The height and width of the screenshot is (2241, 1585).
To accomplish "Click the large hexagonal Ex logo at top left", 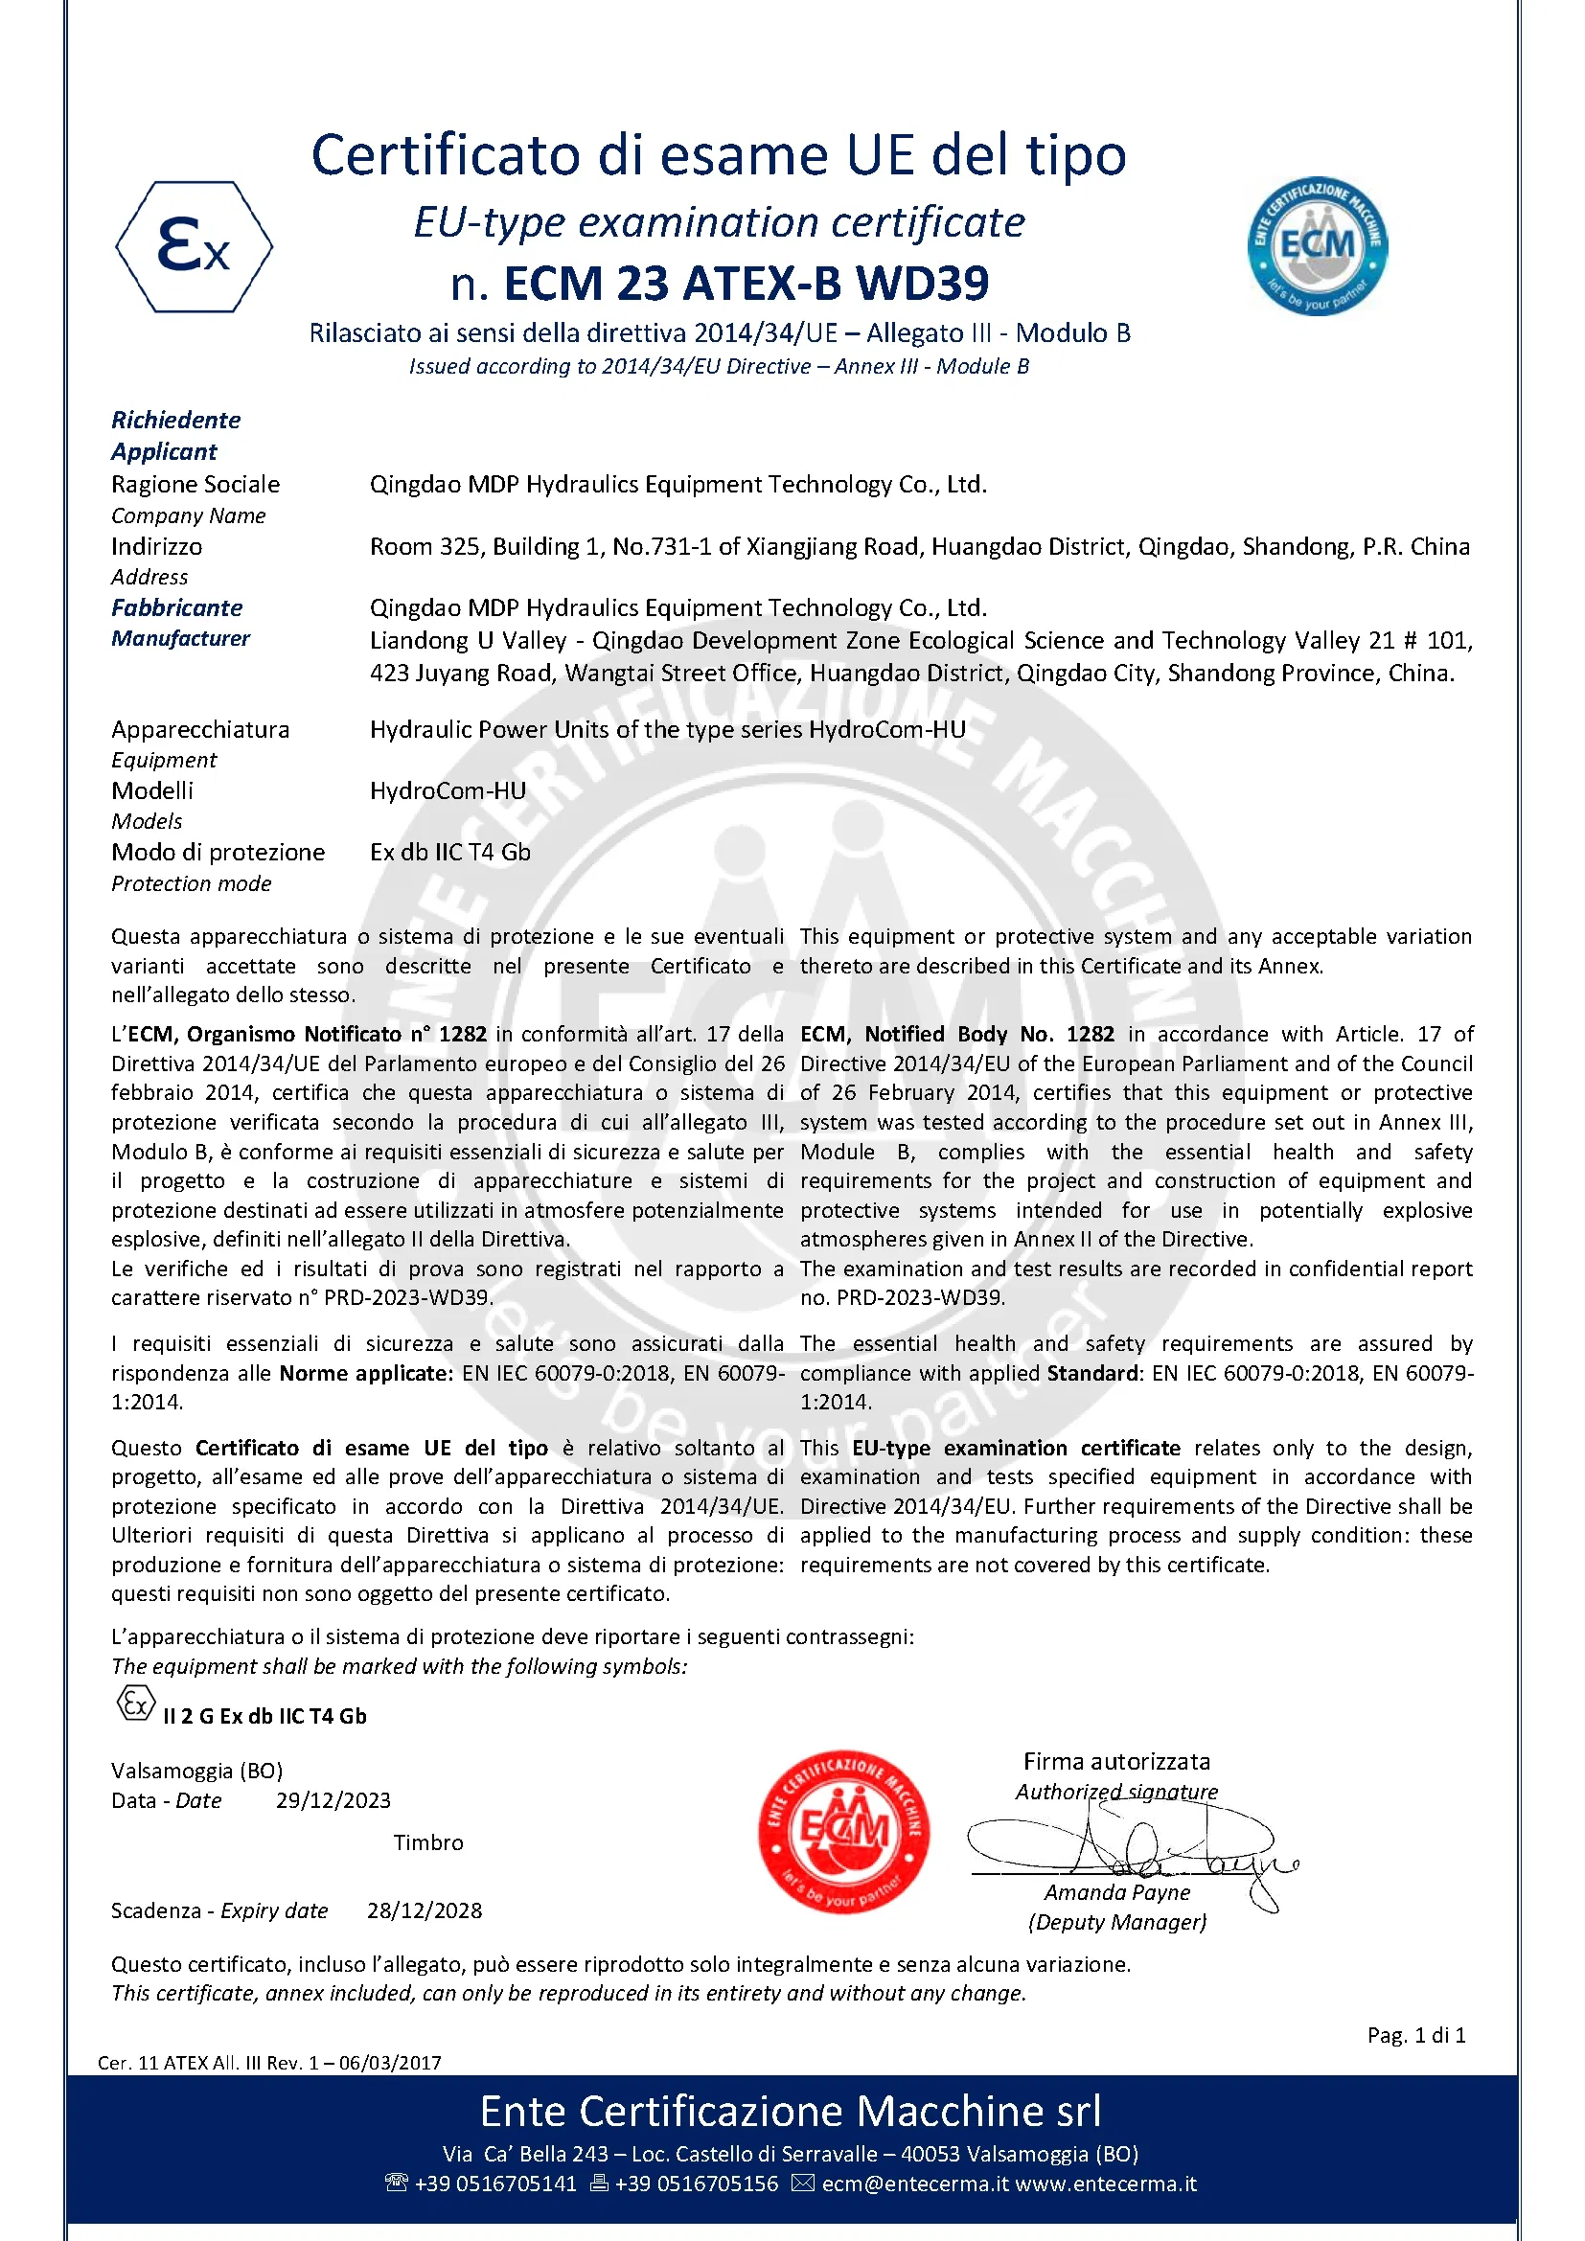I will point(194,246).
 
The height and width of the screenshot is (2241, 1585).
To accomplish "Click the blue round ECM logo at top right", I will point(1317,246).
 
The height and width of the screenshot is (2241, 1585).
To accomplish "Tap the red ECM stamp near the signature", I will point(843,1830).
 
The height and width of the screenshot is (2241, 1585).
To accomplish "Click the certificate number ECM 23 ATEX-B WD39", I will point(746,284).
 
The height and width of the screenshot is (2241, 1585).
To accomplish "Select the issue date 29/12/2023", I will point(333,1801).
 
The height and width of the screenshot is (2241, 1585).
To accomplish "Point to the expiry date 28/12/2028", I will point(425,1911).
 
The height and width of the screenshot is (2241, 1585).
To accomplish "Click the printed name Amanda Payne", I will point(1116,1892).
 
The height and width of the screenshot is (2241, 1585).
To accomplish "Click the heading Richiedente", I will point(175,420).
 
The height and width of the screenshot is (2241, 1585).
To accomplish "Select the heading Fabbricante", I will point(176,607).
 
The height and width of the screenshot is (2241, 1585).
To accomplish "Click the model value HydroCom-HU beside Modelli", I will point(447,790).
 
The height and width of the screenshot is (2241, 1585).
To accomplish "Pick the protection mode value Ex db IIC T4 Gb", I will point(450,852).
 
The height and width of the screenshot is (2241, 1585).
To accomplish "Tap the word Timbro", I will point(427,1842).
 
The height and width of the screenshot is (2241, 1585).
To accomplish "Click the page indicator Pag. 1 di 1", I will point(1415,2035).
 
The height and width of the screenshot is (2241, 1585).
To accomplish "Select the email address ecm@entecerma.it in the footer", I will point(913,2184).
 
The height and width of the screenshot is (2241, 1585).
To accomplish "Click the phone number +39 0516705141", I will point(494,2184).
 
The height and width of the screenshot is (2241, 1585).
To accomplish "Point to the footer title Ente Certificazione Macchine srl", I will point(791,2112).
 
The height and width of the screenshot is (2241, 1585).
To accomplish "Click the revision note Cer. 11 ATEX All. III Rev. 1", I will point(268,2063).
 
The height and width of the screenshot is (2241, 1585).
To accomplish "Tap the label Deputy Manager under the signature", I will point(1116,1922).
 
